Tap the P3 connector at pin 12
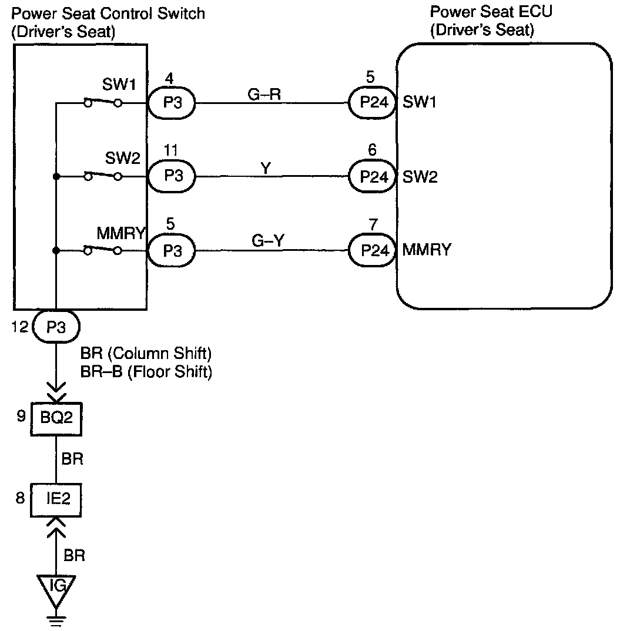click(x=56, y=327)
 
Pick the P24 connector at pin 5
click(x=373, y=102)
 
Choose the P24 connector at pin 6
click(x=373, y=176)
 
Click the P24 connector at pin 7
click(x=373, y=251)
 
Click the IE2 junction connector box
click(x=56, y=499)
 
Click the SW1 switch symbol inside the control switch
click(x=102, y=102)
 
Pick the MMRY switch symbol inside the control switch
click(x=102, y=250)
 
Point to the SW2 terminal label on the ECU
click(x=420, y=177)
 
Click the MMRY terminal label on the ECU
click(x=427, y=251)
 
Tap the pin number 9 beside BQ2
click(x=21, y=417)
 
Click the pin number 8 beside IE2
click(x=21, y=499)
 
